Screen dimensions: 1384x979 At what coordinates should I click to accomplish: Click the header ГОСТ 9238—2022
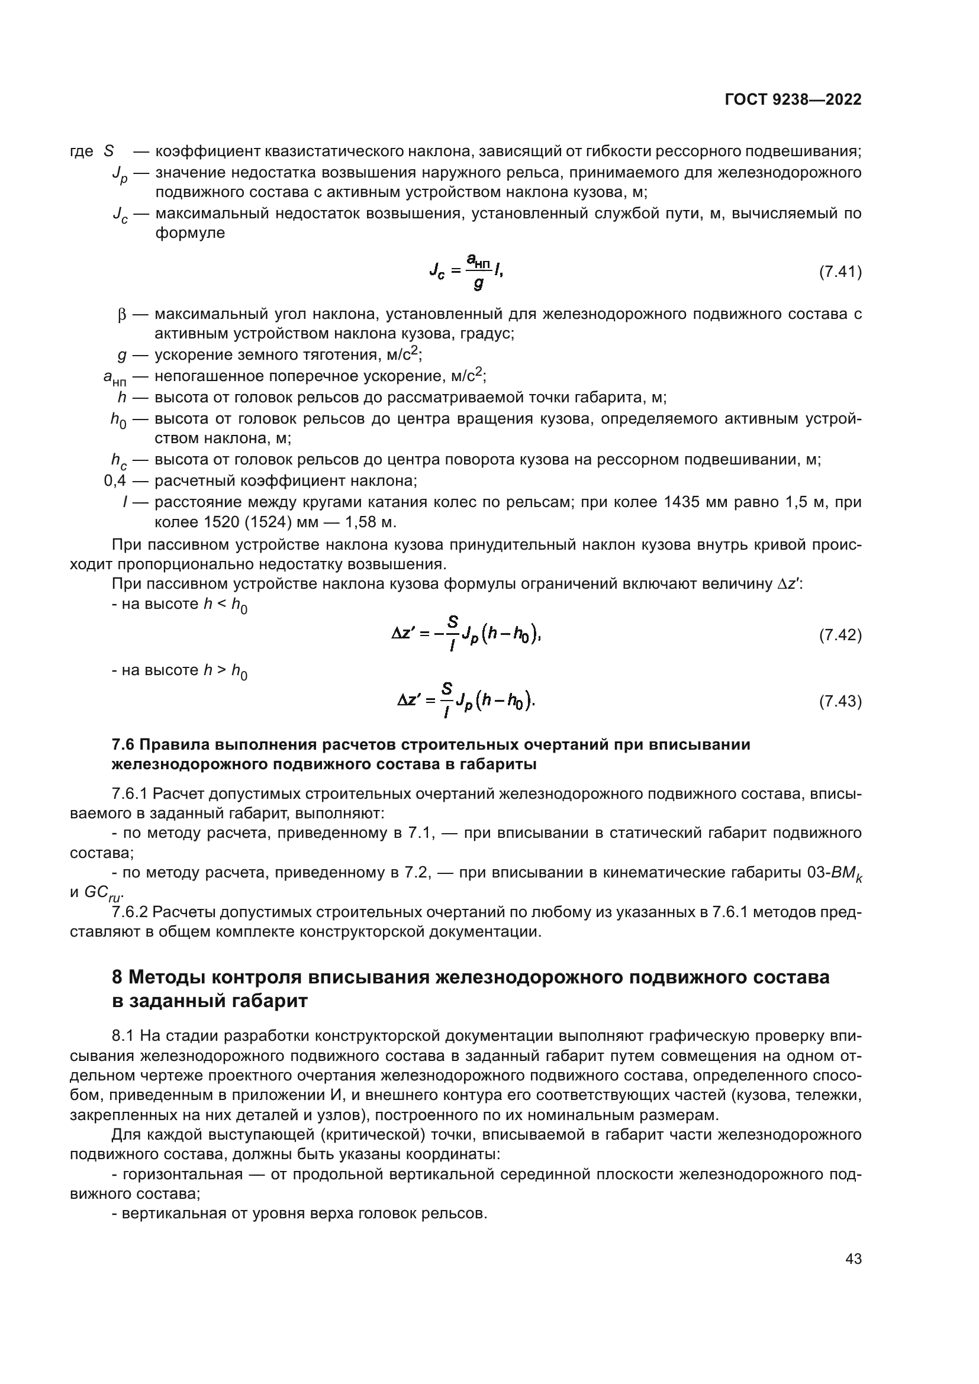(x=793, y=100)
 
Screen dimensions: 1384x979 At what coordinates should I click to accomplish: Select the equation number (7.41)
(x=840, y=272)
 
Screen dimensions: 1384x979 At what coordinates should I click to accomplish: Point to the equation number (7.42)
(x=840, y=635)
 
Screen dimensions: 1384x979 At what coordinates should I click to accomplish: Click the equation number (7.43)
(x=840, y=701)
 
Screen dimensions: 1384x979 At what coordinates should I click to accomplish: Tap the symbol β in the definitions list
(x=121, y=315)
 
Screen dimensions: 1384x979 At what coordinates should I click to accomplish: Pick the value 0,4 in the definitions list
(x=115, y=481)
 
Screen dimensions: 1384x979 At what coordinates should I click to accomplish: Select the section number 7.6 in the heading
(x=123, y=745)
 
